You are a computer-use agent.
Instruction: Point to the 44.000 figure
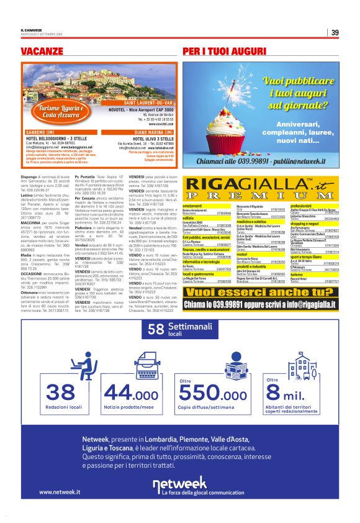131,393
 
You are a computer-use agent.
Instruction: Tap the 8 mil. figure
292,393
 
